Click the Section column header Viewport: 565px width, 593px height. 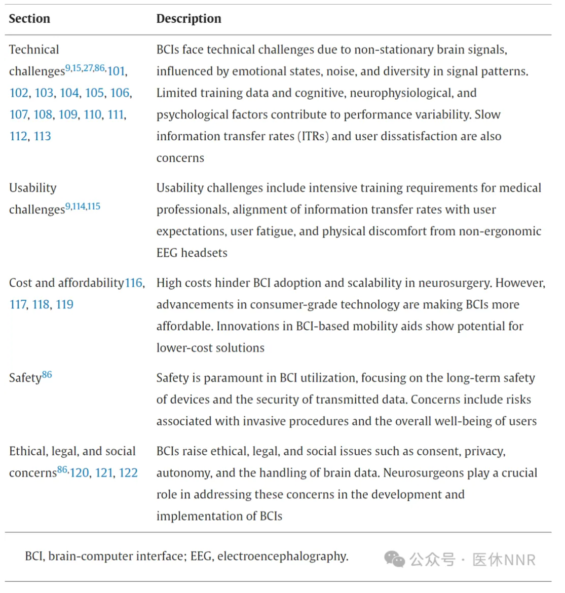(29, 19)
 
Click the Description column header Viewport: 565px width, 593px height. (189, 19)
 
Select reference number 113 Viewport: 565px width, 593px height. (43, 136)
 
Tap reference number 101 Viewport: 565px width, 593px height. (116, 71)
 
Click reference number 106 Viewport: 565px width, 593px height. (120, 93)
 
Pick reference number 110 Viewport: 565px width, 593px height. (93, 115)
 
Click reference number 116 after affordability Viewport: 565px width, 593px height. (134, 283)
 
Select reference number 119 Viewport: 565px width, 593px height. (64, 305)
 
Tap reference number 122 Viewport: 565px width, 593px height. (128, 473)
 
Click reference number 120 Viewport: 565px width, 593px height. (79, 473)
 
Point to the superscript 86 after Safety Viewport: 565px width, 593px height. (47, 375)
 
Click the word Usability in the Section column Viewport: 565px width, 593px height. (33, 188)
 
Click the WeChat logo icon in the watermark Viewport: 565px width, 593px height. (394, 559)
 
